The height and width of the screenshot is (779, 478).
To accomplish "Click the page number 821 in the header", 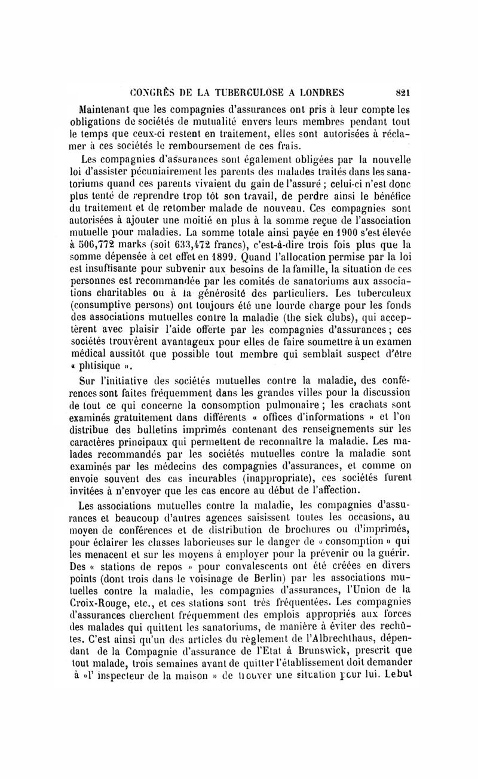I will (x=408, y=92).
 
